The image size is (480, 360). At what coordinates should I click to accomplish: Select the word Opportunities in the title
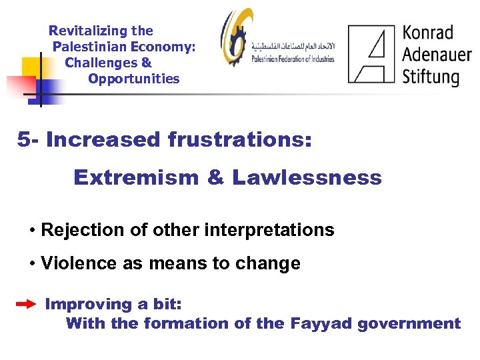(133, 79)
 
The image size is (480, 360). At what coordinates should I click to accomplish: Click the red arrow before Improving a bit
(26, 304)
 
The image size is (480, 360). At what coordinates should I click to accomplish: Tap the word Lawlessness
(307, 177)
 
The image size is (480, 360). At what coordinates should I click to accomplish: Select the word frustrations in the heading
(236, 140)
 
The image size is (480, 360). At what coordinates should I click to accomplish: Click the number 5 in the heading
(23, 140)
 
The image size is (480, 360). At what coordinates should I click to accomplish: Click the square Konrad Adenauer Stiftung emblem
(371, 54)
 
